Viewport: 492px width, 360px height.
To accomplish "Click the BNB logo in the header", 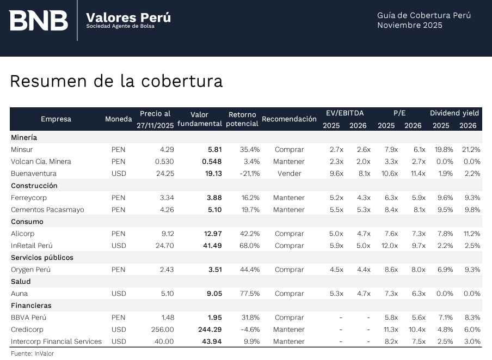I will (x=39, y=20).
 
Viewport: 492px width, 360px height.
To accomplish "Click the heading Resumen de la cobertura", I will (x=116, y=81).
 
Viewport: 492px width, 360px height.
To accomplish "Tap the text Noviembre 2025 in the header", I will (x=409, y=26).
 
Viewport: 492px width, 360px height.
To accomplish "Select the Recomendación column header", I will (x=289, y=119).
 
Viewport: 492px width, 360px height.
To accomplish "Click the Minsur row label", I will (x=22, y=149).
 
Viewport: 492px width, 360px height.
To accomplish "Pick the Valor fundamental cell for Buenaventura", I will (x=212, y=174).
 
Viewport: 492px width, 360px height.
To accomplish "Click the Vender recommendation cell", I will (x=289, y=174).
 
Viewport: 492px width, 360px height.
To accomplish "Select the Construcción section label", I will (x=34, y=186).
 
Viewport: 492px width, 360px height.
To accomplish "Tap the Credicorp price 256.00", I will (x=163, y=330).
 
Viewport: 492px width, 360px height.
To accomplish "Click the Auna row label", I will (x=19, y=294).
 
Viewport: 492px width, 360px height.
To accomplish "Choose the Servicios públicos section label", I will (x=42, y=258).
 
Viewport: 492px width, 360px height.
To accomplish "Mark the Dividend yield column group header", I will (x=454, y=113).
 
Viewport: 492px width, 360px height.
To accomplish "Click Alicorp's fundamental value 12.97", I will (x=213, y=234).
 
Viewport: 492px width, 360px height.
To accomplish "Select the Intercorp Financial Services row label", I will (x=56, y=341).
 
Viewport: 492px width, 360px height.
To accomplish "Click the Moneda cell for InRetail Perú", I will (x=118, y=246).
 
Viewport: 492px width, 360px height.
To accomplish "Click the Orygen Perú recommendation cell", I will (x=289, y=270).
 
